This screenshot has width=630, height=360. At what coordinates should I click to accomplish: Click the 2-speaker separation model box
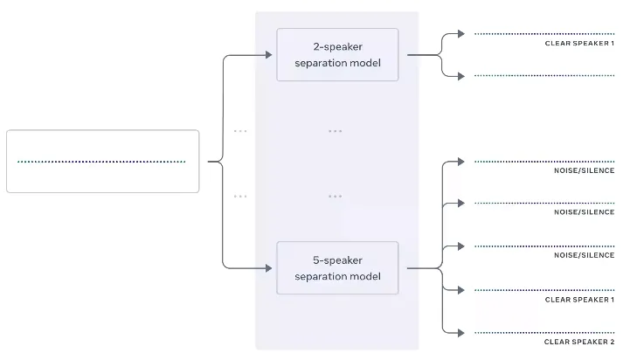337,55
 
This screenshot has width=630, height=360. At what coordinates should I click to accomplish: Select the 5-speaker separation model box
337,268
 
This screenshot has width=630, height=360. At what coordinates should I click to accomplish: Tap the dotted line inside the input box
101,162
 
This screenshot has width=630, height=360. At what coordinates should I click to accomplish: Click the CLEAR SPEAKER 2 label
579,342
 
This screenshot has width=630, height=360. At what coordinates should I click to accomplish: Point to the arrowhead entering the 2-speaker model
269,55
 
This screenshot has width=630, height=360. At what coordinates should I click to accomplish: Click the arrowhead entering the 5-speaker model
269,268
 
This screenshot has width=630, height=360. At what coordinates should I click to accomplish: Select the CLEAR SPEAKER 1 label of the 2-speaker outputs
579,44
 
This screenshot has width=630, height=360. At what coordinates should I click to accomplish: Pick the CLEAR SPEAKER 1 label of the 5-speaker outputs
579,300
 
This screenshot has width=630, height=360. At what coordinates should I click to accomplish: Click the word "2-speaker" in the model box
338,47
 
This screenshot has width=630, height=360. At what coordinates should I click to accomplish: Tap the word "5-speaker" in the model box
338,260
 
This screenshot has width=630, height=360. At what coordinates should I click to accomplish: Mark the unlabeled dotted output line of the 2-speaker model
544,75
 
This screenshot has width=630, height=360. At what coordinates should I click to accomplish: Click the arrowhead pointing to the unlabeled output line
461,76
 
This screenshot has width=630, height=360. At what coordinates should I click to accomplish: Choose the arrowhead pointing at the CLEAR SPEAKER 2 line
461,333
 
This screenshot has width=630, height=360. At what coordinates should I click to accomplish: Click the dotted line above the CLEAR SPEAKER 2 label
544,333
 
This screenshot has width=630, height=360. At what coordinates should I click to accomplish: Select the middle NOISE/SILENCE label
585,212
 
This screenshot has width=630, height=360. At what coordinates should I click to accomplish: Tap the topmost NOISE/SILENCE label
585,170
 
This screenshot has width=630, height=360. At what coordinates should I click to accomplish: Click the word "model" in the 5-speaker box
364,276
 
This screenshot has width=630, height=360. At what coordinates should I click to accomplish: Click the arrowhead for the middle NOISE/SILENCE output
461,203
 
